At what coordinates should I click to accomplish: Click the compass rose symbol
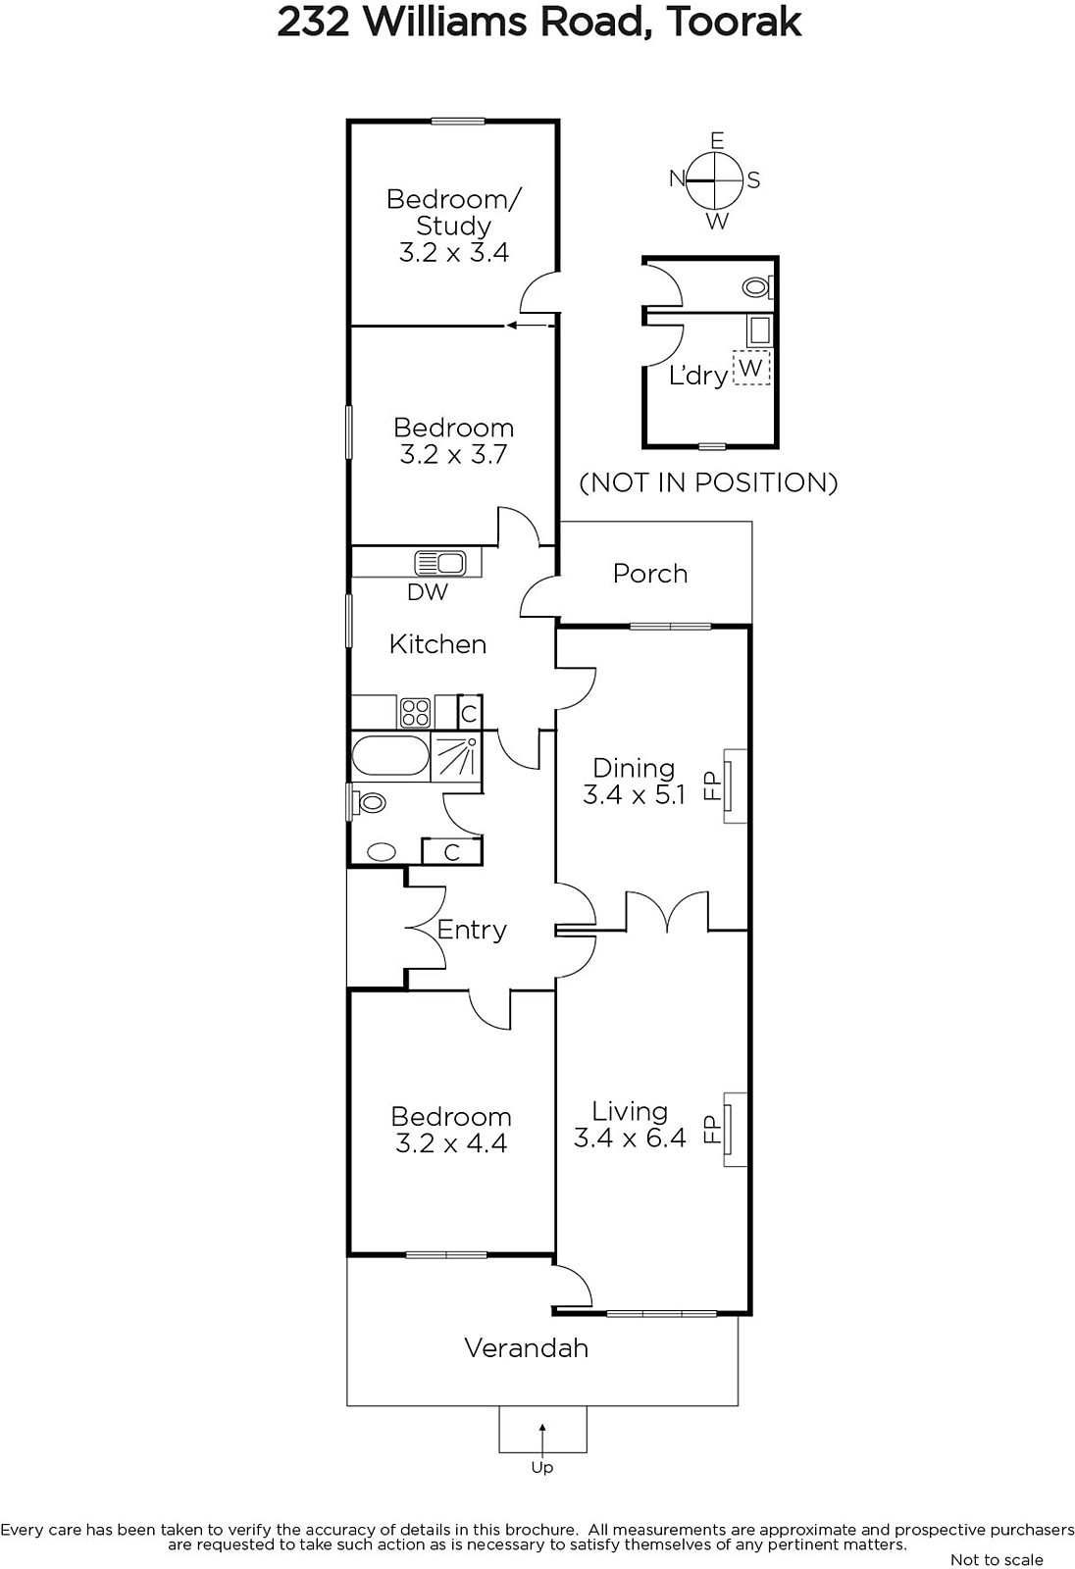pos(714,180)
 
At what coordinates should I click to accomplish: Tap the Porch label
pos(650,574)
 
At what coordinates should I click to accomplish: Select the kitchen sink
pos(440,563)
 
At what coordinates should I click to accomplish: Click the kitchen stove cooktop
pos(415,712)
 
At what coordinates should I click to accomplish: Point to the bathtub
pos(390,755)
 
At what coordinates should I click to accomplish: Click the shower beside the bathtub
pos(456,756)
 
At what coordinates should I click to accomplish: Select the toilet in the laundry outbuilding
pos(757,286)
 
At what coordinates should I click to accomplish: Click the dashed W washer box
pos(750,367)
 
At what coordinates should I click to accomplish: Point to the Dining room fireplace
pos(734,785)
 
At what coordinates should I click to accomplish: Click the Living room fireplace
pos(734,1129)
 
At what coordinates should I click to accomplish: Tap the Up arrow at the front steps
pos(542,1440)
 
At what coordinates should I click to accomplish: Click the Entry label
pos(472,931)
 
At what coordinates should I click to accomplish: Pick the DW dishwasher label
pos(428,592)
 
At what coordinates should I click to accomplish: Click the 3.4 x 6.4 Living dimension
pos(630,1139)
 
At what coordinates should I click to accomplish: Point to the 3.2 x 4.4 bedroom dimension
pos(451,1143)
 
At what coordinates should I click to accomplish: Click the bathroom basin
pos(382,852)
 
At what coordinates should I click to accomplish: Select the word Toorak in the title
pos(734,23)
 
